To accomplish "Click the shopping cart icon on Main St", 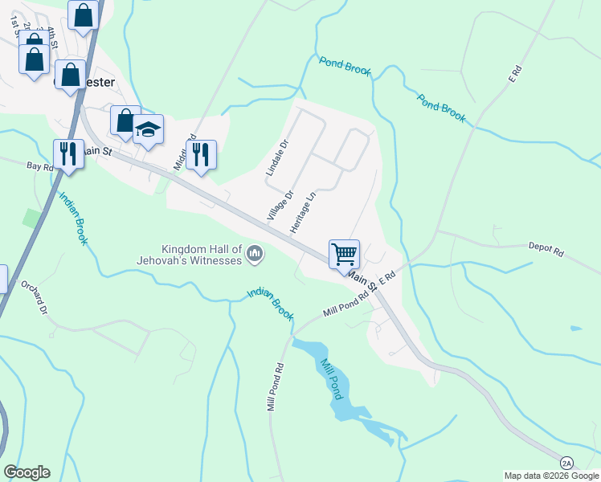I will tap(344, 255).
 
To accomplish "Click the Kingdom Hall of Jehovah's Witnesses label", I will tap(202, 255).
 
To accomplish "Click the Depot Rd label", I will tap(546, 249).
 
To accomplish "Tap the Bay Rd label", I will tap(39, 166).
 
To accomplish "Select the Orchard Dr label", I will tap(35, 298).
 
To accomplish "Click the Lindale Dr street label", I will tap(276, 159).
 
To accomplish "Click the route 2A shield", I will tap(567, 464).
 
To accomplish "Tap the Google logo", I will tap(27, 472).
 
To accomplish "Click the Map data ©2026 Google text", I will tap(551, 476).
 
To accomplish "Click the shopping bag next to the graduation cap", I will tap(125, 120).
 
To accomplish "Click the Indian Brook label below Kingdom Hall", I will tap(271, 304).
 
